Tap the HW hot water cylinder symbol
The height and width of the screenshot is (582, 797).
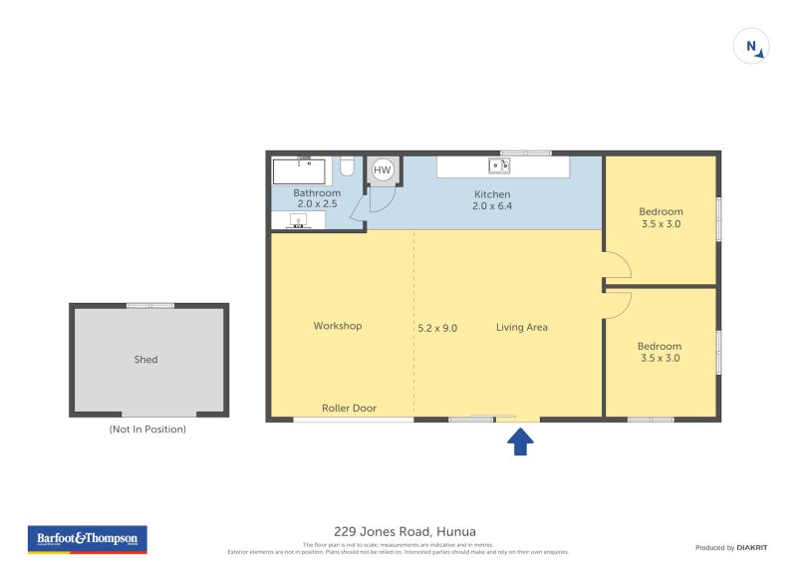click(x=383, y=170)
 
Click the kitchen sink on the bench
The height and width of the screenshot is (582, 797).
click(x=498, y=165)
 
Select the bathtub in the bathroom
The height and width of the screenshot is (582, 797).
click(x=300, y=170)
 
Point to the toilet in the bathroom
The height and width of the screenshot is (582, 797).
click(x=347, y=165)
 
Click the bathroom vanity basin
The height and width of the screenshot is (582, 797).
click(x=297, y=220)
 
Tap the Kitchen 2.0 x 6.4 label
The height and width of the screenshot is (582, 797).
click(x=491, y=200)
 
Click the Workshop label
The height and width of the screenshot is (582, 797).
click(x=337, y=326)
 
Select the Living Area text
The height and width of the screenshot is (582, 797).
click(x=522, y=327)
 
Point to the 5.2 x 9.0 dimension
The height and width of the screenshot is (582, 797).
click(x=437, y=327)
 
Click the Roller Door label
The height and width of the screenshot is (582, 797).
click(x=349, y=408)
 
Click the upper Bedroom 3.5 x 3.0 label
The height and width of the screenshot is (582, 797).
click(x=661, y=217)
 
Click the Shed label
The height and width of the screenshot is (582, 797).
click(x=146, y=360)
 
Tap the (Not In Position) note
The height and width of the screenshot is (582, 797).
click(x=147, y=430)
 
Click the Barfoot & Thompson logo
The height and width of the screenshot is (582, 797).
click(x=86, y=539)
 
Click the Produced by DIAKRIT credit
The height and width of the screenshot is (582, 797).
click(x=728, y=547)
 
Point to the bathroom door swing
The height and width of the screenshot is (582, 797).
click(x=382, y=200)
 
